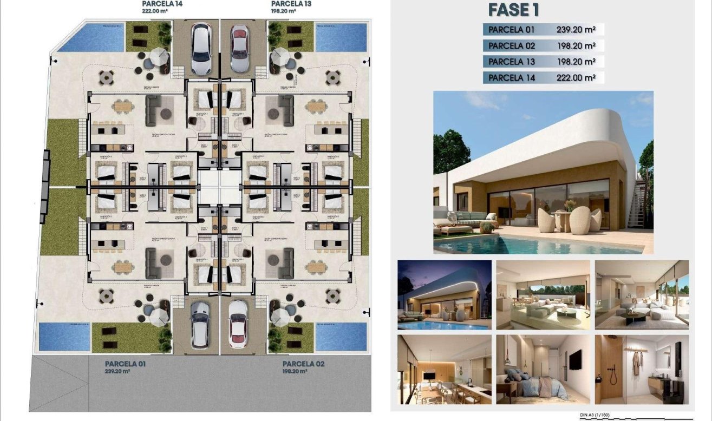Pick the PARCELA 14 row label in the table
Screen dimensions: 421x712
coord(512,77)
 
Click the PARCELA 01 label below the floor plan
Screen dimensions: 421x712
coord(125,364)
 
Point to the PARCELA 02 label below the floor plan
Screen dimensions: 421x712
coord(303,364)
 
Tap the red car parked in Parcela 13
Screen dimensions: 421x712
coord(239,48)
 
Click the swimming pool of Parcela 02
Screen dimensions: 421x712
coord(334,337)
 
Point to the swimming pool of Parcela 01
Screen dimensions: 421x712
coord(64,337)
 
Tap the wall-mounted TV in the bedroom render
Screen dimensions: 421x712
coord(575,360)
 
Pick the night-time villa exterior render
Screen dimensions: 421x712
coord(445,295)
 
